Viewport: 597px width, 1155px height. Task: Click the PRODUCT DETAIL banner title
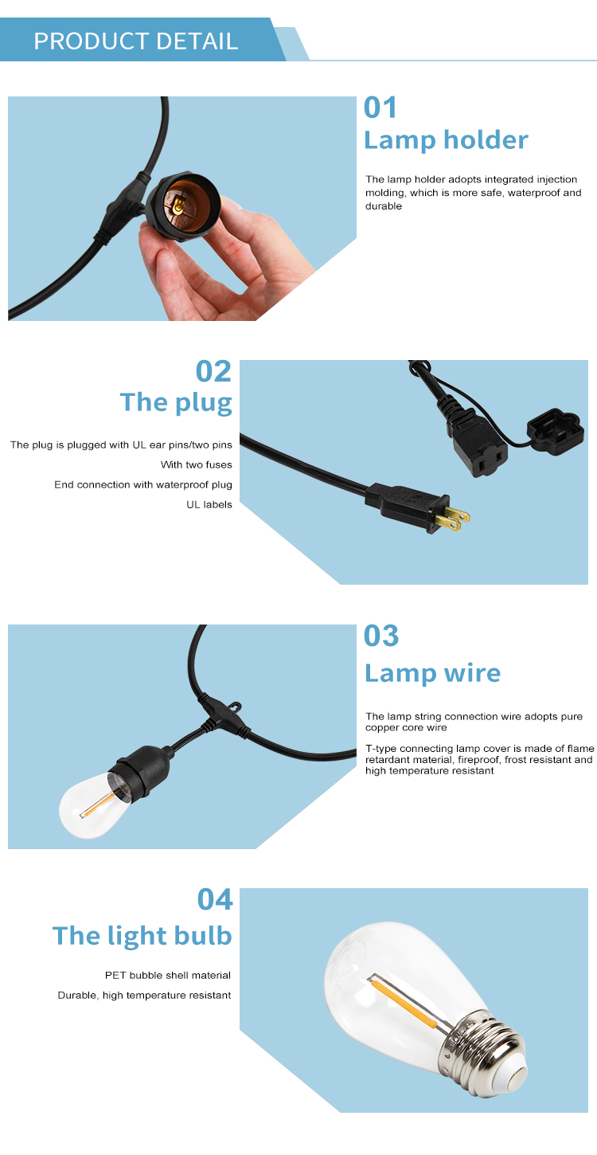click(136, 41)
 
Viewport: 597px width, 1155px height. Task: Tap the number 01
click(380, 108)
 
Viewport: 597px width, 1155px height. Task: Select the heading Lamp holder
click(446, 140)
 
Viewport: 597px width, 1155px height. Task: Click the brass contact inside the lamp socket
click(178, 206)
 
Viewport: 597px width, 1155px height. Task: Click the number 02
click(214, 371)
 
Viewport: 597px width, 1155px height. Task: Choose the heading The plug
click(176, 403)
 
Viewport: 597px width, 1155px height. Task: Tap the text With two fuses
click(197, 464)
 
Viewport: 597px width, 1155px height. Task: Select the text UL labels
click(209, 504)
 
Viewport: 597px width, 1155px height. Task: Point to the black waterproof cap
click(556, 432)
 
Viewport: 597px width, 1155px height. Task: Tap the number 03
click(381, 636)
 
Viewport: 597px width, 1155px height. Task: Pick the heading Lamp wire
click(433, 673)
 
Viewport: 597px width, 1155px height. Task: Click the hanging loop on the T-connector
click(235, 707)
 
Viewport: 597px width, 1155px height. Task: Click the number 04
click(215, 899)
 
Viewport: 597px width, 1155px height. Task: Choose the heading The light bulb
click(142, 935)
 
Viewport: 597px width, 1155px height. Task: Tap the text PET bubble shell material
click(168, 975)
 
